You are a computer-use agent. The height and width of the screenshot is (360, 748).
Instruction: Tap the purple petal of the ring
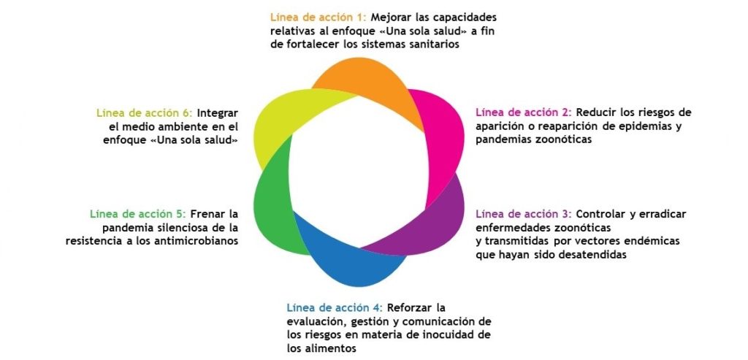click(x=430, y=224)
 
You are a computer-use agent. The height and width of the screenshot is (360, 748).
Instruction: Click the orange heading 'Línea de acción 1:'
click(x=318, y=18)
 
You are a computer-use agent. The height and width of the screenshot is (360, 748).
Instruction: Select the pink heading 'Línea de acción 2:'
click(x=524, y=113)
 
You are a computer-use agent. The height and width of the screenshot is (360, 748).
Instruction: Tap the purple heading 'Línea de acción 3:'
click(x=524, y=214)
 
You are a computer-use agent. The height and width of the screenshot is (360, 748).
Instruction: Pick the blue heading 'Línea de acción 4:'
click(x=335, y=307)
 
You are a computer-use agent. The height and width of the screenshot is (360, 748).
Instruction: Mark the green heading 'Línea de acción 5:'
click(x=138, y=214)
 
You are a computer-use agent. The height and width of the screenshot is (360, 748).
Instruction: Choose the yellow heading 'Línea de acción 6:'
click(x=145, y=113)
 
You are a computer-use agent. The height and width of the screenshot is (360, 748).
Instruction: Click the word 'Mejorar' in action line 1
click(x=390, y=18)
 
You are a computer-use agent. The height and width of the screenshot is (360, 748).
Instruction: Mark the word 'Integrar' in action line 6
click(x=218, y=113)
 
